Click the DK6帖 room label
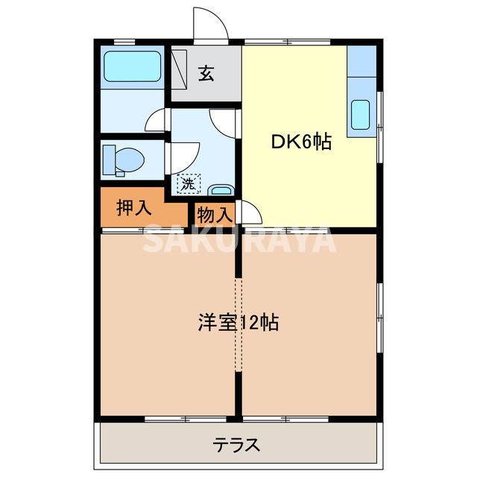(x=300, y=142)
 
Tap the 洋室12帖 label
(x=238, y=323)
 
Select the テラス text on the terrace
(x=237, y=446)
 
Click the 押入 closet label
(x=135, y=208)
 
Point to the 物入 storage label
(x=215, y=215)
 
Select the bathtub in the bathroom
(x=132, y=68)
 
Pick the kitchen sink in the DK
(x=361, y=114)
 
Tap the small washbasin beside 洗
(x=219, y=189)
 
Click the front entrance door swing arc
(x=210, y=24)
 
